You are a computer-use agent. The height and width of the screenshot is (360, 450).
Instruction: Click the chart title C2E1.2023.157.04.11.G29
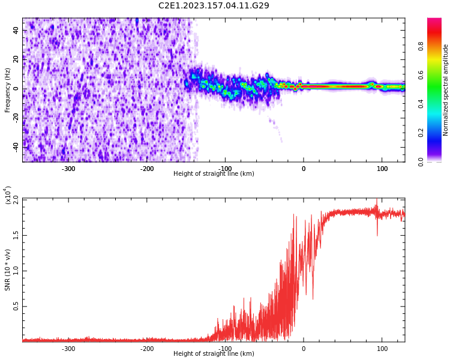click(x=214, y=6)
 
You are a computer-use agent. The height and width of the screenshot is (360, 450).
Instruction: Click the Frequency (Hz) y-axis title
click(x=8, y=90)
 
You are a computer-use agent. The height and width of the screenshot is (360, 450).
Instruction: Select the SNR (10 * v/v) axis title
click(x=8, y=270)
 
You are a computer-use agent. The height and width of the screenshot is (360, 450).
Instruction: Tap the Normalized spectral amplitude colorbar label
click(x=446, y=90)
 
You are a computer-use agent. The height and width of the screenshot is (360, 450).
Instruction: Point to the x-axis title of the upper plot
click(x=214, y=173)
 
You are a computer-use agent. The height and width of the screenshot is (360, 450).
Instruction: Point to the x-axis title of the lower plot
click(x=214, y=353)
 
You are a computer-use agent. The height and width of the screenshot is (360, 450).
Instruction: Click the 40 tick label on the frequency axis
click(x=16, y=32)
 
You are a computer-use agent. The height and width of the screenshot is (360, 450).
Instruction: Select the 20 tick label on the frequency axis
click(x=16, y=60)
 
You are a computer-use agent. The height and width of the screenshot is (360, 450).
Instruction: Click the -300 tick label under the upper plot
click(x=68, y=169)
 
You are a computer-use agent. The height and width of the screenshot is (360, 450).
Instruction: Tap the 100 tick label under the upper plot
click(x=382, y=169)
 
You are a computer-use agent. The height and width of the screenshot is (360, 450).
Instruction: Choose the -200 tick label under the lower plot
click(x=147, y=349)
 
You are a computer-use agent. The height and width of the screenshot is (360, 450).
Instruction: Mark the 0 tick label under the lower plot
click(x=304, y=349)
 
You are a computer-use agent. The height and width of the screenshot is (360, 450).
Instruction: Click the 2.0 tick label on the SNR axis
click(x=16, y=199)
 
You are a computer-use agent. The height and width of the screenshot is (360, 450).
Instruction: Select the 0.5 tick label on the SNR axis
click(x=16, y=306)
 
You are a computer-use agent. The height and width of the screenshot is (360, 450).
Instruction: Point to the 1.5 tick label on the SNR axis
click(x=16, y=235)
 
